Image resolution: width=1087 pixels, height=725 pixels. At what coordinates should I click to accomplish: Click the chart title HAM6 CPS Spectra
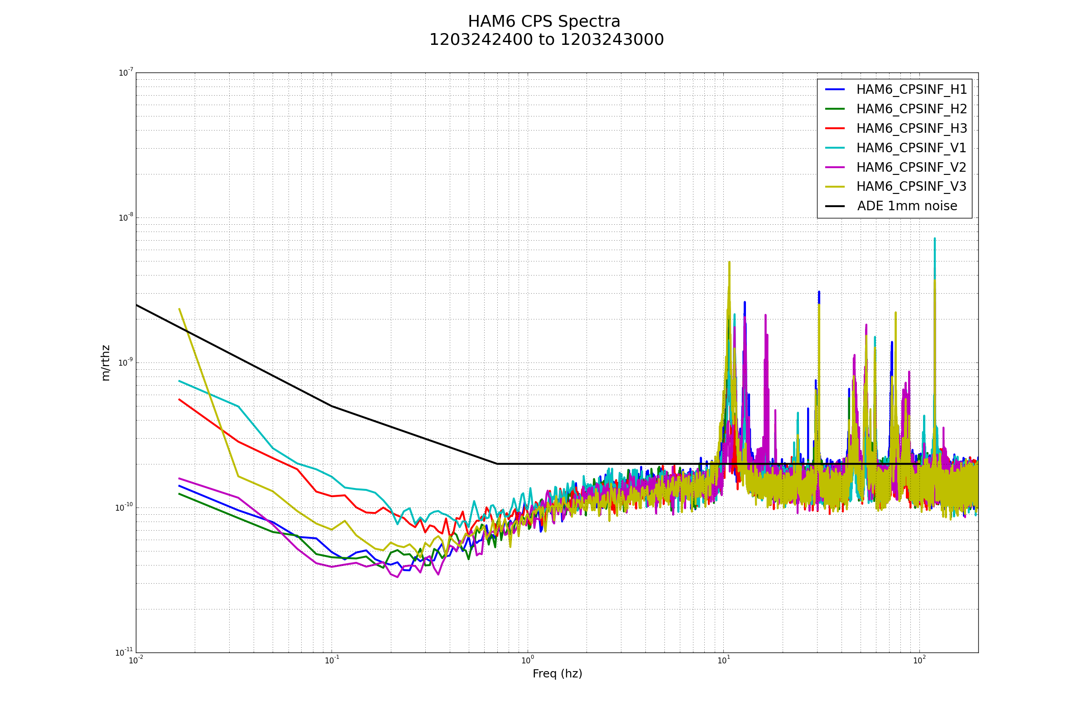pyautogui.click(x=543, y=22)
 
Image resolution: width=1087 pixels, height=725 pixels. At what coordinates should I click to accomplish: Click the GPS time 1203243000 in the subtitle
pyautogui.click(x=612, y=40)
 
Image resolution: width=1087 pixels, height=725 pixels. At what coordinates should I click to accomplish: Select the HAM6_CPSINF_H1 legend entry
pyautogui.click(x=911, y=90)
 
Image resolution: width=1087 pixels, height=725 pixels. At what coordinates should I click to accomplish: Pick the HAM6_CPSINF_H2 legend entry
pyautogui.click(x=911, y=109)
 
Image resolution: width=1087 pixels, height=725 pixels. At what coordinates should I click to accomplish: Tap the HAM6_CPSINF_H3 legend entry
pyautogui.click(x=911, y=129)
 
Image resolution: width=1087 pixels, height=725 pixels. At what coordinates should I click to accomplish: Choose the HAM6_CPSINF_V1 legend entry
pyautogui.click(x=911, y=148)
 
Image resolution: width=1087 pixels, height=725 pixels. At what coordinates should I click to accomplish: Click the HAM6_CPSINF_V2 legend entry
pyautogui.click(x=911, y=167)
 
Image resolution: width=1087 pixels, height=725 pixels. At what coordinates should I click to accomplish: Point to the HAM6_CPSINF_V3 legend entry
pyautogui.click(x=911, y=187)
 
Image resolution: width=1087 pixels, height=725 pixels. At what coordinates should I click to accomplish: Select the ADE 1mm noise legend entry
pyautogui.click(x=907, y=206)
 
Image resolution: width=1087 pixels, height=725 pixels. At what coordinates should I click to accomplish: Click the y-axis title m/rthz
pyautogui.click(x=106, y=362)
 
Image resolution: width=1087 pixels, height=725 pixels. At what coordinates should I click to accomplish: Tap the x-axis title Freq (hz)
pyautogui.click(x=557, y=674)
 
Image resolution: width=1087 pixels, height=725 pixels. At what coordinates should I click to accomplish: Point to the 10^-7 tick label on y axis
pyautogui.click(x=126, y=72)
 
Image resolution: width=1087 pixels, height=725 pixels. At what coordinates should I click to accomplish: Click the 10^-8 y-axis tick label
pyautogui.click(x=126, y=218)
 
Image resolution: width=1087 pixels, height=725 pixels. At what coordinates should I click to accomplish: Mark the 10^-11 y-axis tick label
pyautogui.click(x=124, y=652)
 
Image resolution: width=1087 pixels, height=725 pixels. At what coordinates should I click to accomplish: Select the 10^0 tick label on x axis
pyautogui.click(x=527, y=661)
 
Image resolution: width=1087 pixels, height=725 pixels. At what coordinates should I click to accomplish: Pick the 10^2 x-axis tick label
pyautogui.click(x=919, y=661)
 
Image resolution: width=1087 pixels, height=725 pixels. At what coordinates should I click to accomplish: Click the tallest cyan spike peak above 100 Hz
pyautogui.click(x=934, y=239)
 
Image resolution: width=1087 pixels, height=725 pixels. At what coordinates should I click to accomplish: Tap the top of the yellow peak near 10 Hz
pyautogui.click(x=729, y=262)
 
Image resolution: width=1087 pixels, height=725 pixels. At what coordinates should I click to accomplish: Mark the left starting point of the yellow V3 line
pyautogui.click(x=179, y=309)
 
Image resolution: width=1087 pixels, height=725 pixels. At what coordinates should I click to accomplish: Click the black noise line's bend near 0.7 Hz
pyautogui.click(x=497, y=464)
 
